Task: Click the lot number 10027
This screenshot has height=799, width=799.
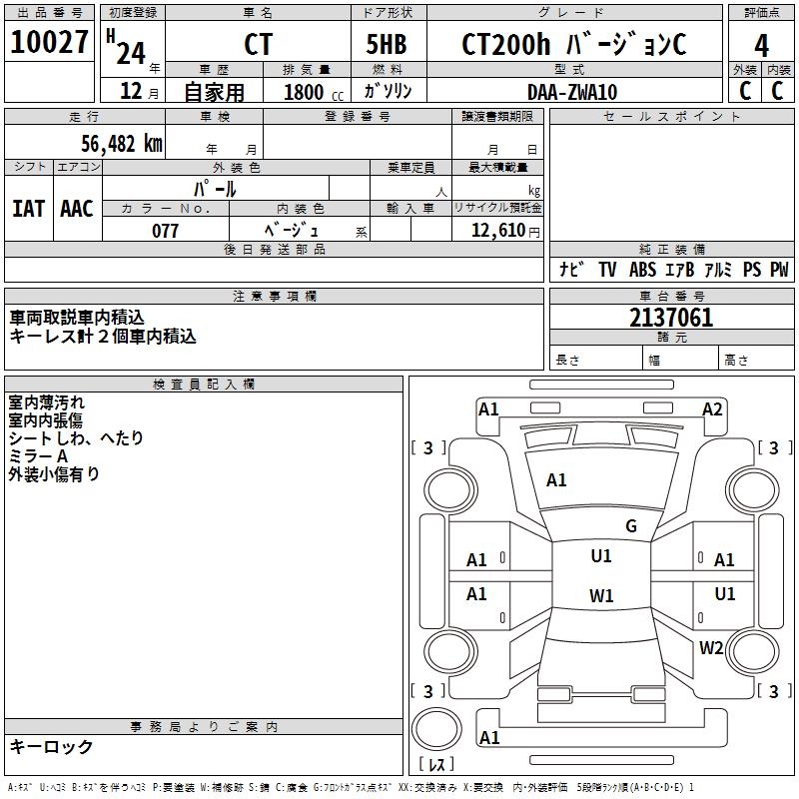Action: [49, 43]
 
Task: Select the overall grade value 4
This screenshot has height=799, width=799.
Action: [761, 45]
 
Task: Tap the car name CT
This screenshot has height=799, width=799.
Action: [258, 45]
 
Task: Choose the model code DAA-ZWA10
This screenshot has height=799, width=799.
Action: [571, 92]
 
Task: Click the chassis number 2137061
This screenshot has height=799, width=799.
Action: [671, 319]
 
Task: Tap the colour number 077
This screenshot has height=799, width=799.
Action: [165, 231]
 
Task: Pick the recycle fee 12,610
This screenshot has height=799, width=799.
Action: [497, 231]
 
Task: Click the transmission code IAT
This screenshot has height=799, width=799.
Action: [28, 209]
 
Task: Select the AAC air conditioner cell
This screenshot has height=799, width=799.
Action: [77, 209]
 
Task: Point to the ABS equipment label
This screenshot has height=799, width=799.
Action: [642, 270]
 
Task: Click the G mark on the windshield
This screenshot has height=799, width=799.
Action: [631, 526]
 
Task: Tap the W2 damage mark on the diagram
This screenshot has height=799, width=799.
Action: [711, 647]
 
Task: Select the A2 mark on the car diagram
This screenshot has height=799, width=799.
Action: [712, 408]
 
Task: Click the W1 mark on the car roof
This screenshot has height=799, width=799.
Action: [601, 596]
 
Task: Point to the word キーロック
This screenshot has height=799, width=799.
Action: [51, 747]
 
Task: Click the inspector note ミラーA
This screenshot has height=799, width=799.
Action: [38, 456]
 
